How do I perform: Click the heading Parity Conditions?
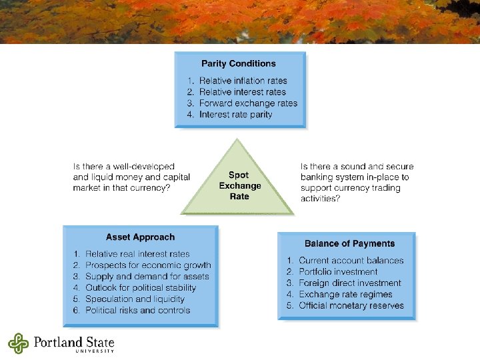point(238,64)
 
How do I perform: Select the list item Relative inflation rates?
point(243,81)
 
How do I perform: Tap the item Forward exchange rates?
point(248,103)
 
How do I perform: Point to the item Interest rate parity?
point(235,115)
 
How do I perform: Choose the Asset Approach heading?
point(140,237)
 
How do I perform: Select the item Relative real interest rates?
point(137,254)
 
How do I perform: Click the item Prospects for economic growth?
point(148,265)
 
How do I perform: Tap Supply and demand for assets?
point(147,277)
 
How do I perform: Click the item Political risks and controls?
point(137,311)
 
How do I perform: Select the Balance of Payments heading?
point(349,244)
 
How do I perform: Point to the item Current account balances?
point(351,261)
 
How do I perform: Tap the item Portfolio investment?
point(338,272)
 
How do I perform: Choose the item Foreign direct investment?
point(350,283)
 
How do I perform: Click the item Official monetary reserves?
point(351,306)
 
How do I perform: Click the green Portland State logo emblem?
point(19,343)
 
